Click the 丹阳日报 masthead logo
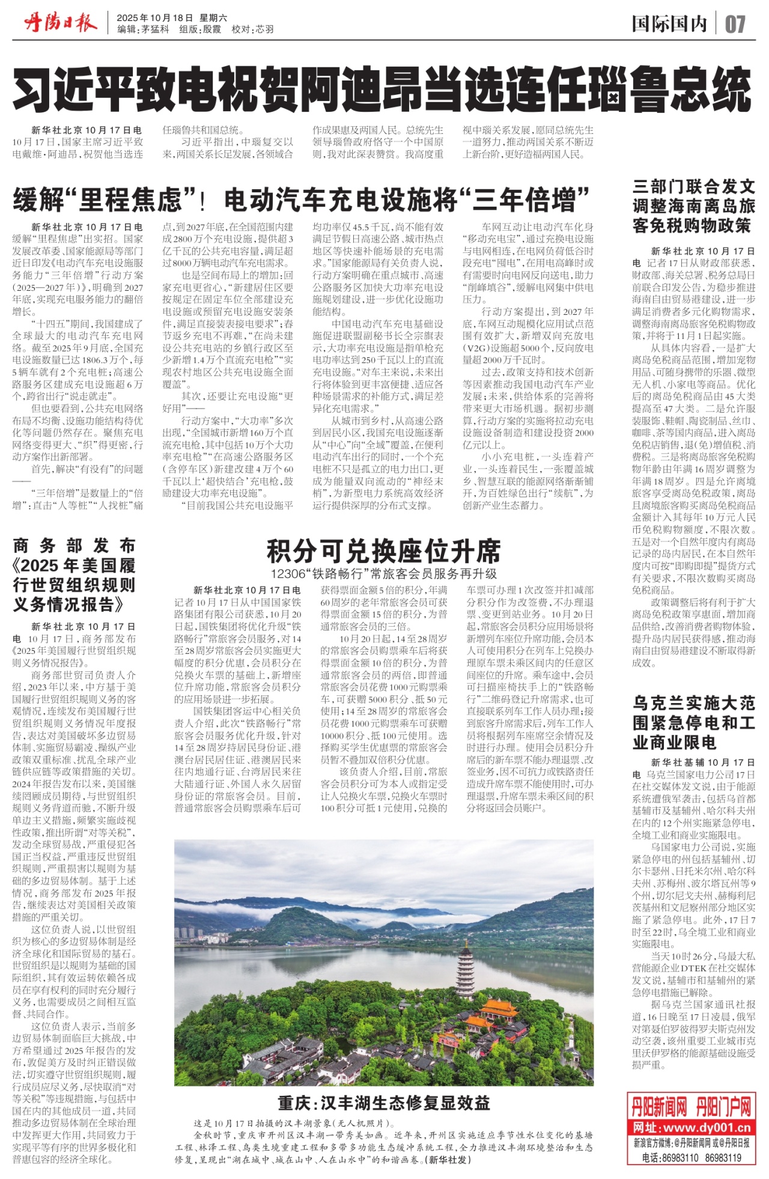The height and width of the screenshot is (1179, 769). pos(60,24)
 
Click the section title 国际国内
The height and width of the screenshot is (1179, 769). pos(669,24)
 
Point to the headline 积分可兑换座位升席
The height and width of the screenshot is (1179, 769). pos(383,550)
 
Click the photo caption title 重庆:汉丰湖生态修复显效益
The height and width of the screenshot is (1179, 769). pos(384,1103)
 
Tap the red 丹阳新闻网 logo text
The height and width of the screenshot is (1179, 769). pos(659,1106)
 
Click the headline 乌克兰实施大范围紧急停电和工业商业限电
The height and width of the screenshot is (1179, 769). pos(693,722)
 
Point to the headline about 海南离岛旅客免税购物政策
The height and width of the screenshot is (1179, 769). pos(693,206)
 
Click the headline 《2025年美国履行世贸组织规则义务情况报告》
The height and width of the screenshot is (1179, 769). pos(74,575)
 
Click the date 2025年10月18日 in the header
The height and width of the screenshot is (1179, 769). pos(155,18)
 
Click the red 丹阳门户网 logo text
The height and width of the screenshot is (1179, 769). pos(723,1106)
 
